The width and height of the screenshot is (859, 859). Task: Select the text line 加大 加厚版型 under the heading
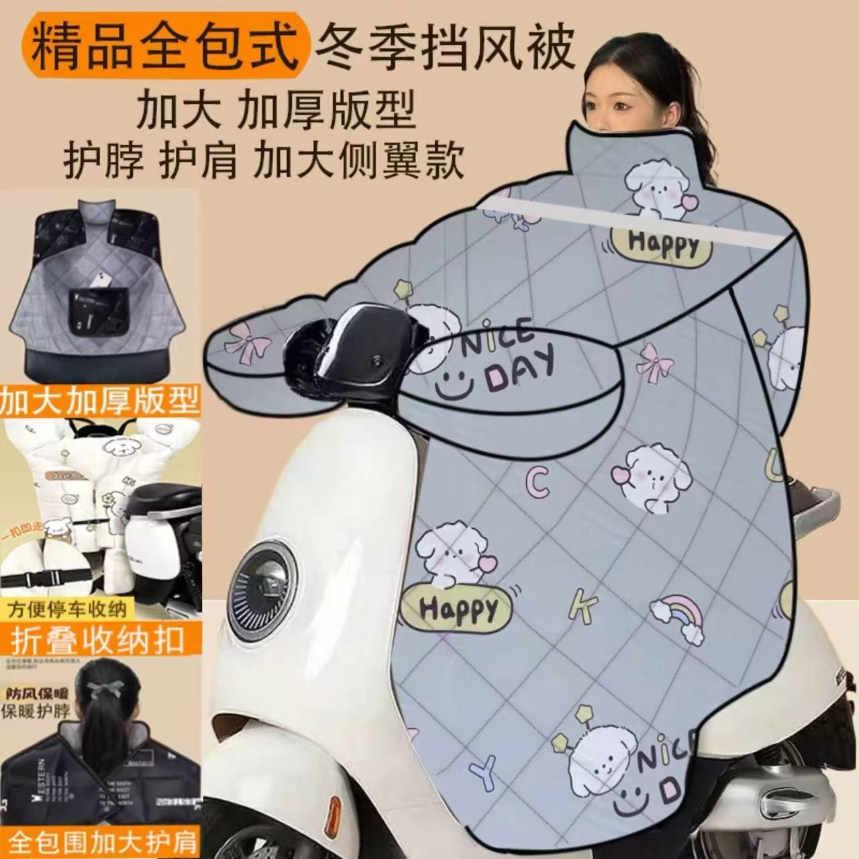(x=276, y=109)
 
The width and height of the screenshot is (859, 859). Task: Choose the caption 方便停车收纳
(x=67, y=610)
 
